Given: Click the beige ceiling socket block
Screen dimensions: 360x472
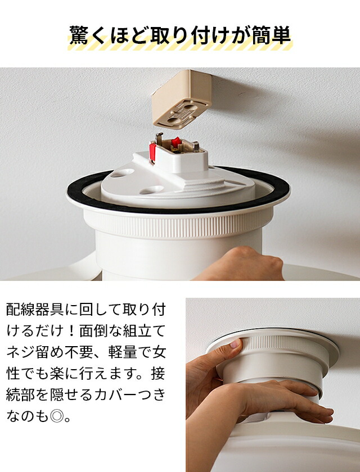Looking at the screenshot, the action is [181, 99].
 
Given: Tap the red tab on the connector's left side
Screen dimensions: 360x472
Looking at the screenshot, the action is [152, 152].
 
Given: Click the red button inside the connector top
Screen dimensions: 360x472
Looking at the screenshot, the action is [176, 142].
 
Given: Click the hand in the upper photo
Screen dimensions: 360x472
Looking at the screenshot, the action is [241, 264].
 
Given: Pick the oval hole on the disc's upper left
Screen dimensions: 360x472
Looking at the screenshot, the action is [122, 173].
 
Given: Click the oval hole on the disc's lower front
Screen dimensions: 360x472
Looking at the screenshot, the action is [152, 190].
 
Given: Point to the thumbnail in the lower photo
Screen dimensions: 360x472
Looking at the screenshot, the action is [236, 343].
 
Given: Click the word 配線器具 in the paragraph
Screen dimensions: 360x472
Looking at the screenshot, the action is [35, 310].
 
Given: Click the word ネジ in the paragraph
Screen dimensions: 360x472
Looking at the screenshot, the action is [21, 353].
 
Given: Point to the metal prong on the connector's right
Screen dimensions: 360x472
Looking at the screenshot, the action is [196, 147].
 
